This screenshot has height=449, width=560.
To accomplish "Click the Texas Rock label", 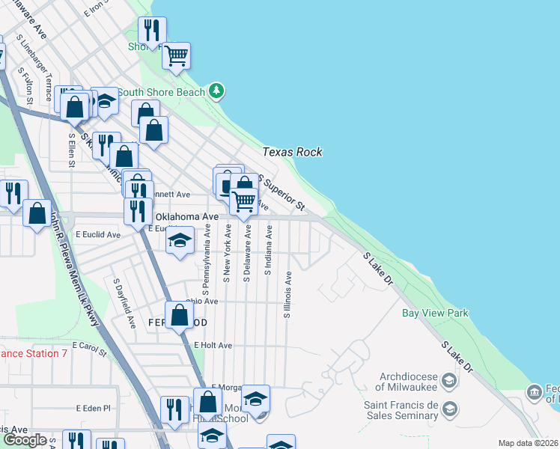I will pos(292,152).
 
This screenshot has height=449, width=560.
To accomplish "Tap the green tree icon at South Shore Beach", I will pos(216,91).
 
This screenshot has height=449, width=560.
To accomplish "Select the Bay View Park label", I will pos(435,313).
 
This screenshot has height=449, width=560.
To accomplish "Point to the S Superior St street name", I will pos(282,193).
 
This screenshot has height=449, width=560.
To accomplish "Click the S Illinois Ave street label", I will pos(287,294).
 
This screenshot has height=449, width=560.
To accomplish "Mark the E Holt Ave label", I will pos(213,346).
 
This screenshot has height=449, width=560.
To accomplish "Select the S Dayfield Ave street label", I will pos(124,304).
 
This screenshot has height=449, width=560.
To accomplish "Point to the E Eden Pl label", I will pos(93,409).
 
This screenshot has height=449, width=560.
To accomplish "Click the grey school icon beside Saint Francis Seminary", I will pos(449,409).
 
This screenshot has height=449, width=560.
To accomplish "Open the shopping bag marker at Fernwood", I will pos(180,315).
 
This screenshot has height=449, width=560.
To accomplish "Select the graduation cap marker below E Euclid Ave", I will pos(179,241).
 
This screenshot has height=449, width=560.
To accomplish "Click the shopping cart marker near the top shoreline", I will pos(177,55).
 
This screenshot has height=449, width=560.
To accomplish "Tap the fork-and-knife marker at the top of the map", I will pos(152,31).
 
